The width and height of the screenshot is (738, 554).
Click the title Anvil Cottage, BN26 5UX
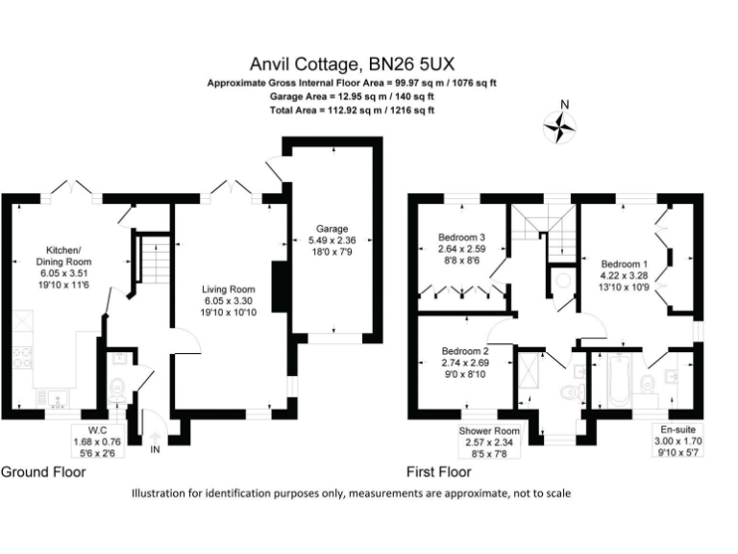click(368, 65)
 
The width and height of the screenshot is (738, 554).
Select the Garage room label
click(332, 240)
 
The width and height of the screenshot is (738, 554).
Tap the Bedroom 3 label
click(462, 249)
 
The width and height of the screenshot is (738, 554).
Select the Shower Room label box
click(489, 441)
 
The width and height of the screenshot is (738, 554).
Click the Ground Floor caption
click(43, 472)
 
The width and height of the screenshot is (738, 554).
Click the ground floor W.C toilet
click(117, 390)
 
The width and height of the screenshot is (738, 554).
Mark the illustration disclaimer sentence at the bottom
click(351, 493)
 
